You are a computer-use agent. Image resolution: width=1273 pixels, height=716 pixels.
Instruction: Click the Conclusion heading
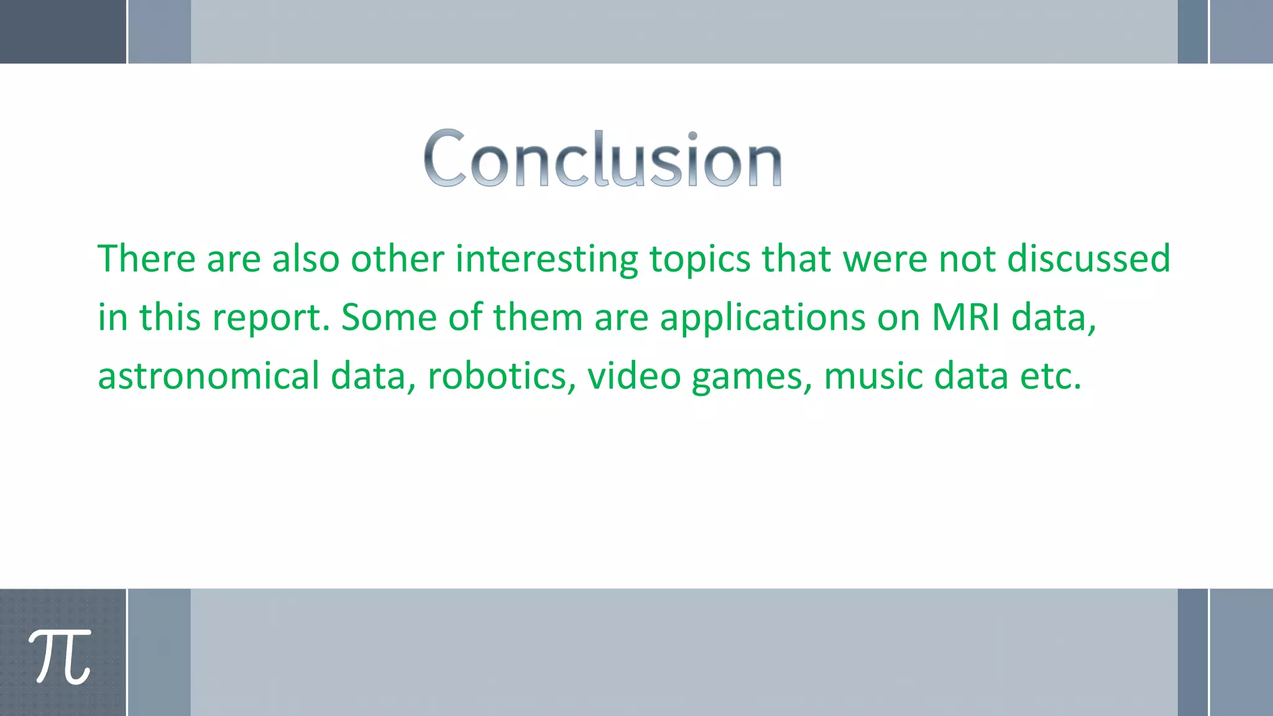click(602, 158)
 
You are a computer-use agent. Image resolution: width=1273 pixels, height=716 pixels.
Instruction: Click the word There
click(147, 259)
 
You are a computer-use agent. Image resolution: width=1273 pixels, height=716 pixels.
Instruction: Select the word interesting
click(546, 260)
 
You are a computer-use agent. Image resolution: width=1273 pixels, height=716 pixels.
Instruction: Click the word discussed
click(1088, 259)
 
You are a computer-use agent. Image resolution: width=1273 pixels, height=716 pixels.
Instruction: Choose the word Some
click(389, 317)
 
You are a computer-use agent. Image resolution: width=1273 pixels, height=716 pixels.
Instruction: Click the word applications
click(762, 318)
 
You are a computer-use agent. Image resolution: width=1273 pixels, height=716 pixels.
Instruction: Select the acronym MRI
click(966, 317)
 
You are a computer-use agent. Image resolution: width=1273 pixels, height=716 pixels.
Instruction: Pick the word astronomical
click(208, 377)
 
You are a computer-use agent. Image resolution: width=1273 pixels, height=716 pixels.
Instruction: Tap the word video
click(634, 377)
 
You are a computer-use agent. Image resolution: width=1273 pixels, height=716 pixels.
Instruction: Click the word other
click(397, 259)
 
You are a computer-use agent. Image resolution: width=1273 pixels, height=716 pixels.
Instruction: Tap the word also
click(306, 259)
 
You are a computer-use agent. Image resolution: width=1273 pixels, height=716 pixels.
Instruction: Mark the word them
click(538, 317)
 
